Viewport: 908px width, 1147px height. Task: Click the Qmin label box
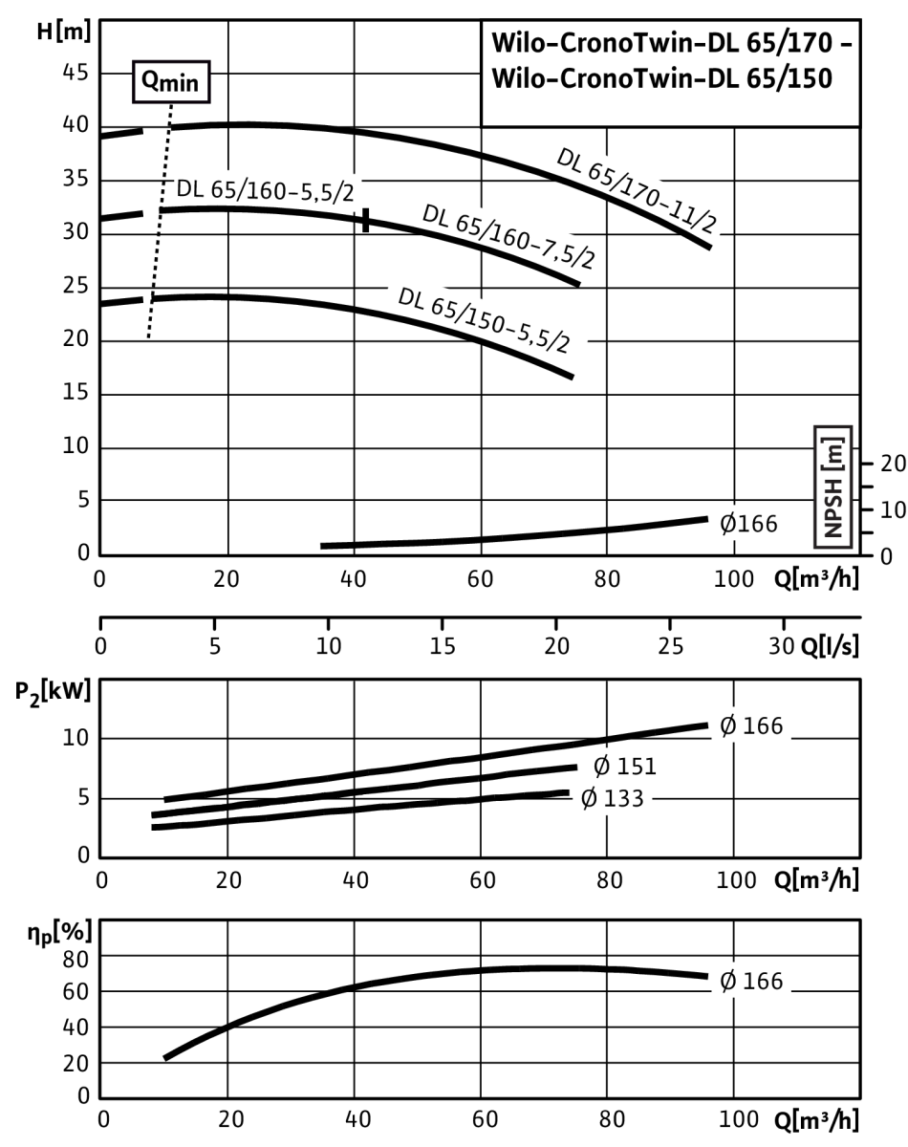click(x=171, y=81)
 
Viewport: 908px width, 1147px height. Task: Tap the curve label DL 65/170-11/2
click(x=637, y=191)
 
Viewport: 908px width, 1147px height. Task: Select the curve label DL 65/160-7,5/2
click(x=508, y=236)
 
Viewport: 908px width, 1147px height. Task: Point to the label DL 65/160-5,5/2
click(x=265, y=190)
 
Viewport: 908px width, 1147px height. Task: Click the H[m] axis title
click(x=63, y=31)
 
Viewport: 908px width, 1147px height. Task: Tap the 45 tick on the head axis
click(x=76, y=73)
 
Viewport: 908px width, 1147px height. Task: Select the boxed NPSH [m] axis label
click(x=832, y=487)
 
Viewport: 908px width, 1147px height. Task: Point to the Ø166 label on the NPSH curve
click(x=748, y=524)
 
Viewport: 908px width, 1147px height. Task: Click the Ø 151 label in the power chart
click(x=624, y=767)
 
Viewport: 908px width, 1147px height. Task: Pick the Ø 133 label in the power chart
click(x=612, y=798)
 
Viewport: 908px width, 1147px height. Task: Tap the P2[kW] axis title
click(x=53, y=693)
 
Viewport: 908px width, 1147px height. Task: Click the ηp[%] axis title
click(x=59, y=933)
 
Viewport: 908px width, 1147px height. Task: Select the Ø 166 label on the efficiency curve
click(x=751, y=981)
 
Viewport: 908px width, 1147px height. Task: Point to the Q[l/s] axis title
click(x=831, y=646)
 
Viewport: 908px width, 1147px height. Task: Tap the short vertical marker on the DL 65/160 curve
click(x=366, y=220)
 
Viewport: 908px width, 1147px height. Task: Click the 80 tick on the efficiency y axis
click(x=76, y=960)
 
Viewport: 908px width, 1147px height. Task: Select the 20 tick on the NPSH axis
click(x=893, y=464)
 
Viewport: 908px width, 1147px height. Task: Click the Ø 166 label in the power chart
click(x=751, y=725)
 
